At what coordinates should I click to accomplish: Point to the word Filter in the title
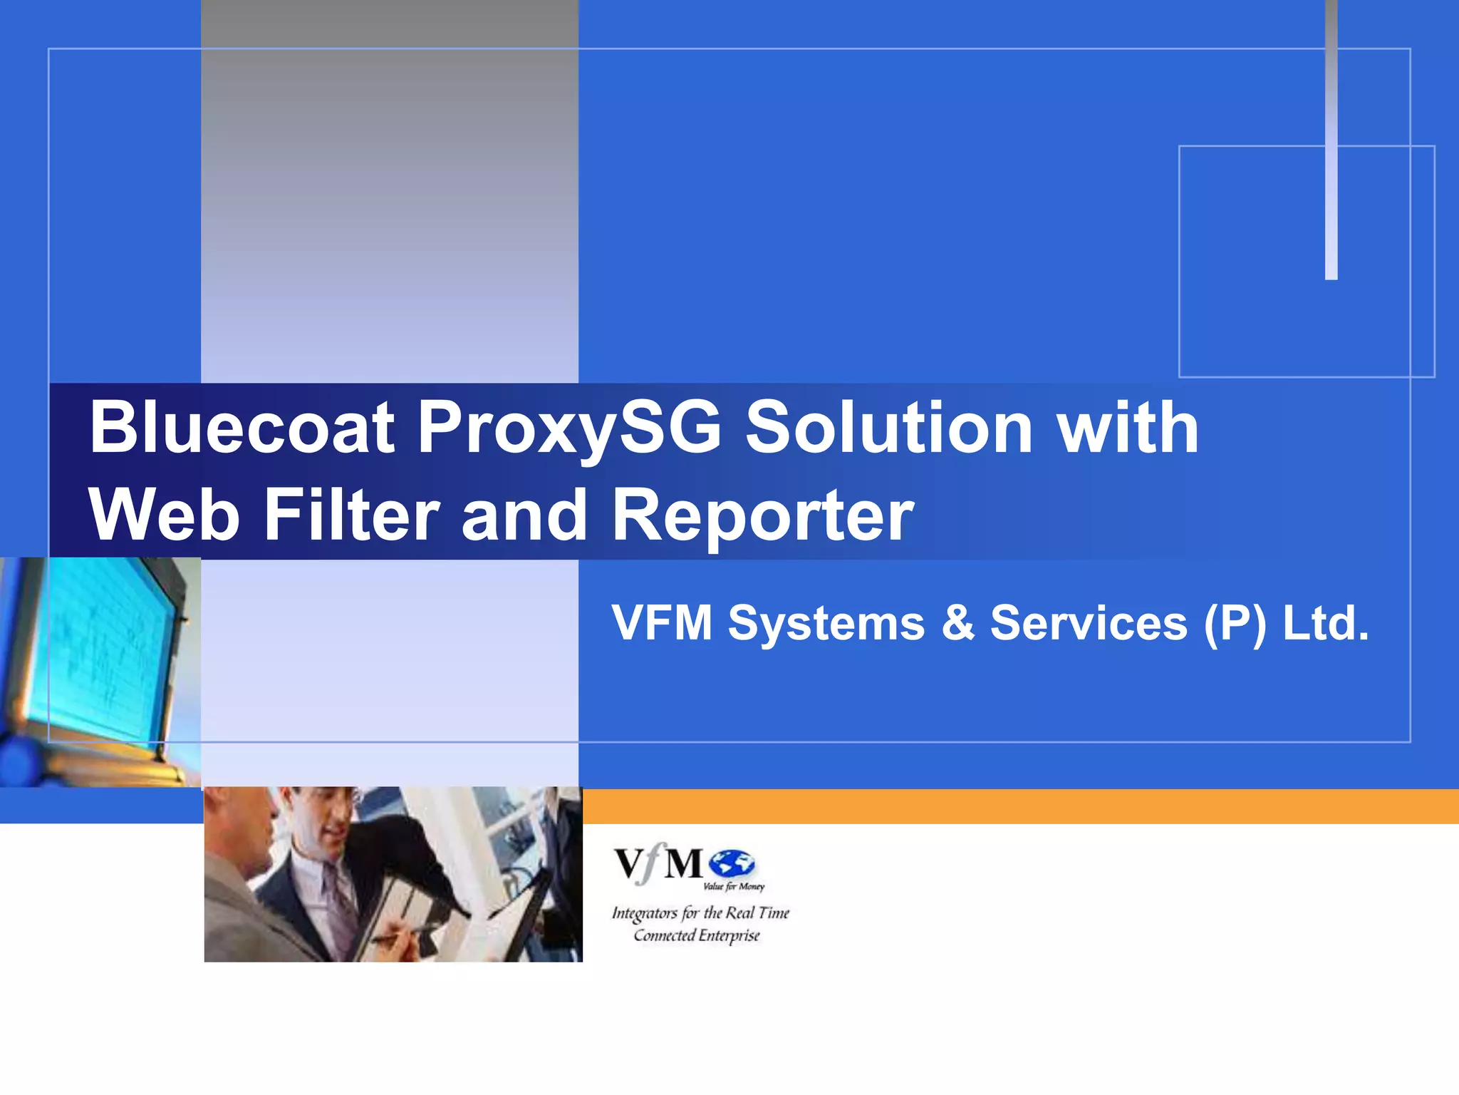[x=351, y=515]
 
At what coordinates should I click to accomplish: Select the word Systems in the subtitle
[x=826, y=623]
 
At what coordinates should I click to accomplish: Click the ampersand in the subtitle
[x=957, y=623]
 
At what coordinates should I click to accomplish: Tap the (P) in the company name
[x=1235, y=623]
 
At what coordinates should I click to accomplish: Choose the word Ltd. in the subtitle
[x=1326, y=623]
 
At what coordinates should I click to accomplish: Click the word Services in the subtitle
[x=1089, y=623]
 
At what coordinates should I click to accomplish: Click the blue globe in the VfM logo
[x=732, y=863]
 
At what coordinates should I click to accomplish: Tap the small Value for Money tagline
[x=733, y=887]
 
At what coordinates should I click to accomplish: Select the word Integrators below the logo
[x=645, y=913]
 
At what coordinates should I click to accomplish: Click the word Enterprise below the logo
[x=729, y=935]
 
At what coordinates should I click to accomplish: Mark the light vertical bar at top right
[x=1331, y=143]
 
